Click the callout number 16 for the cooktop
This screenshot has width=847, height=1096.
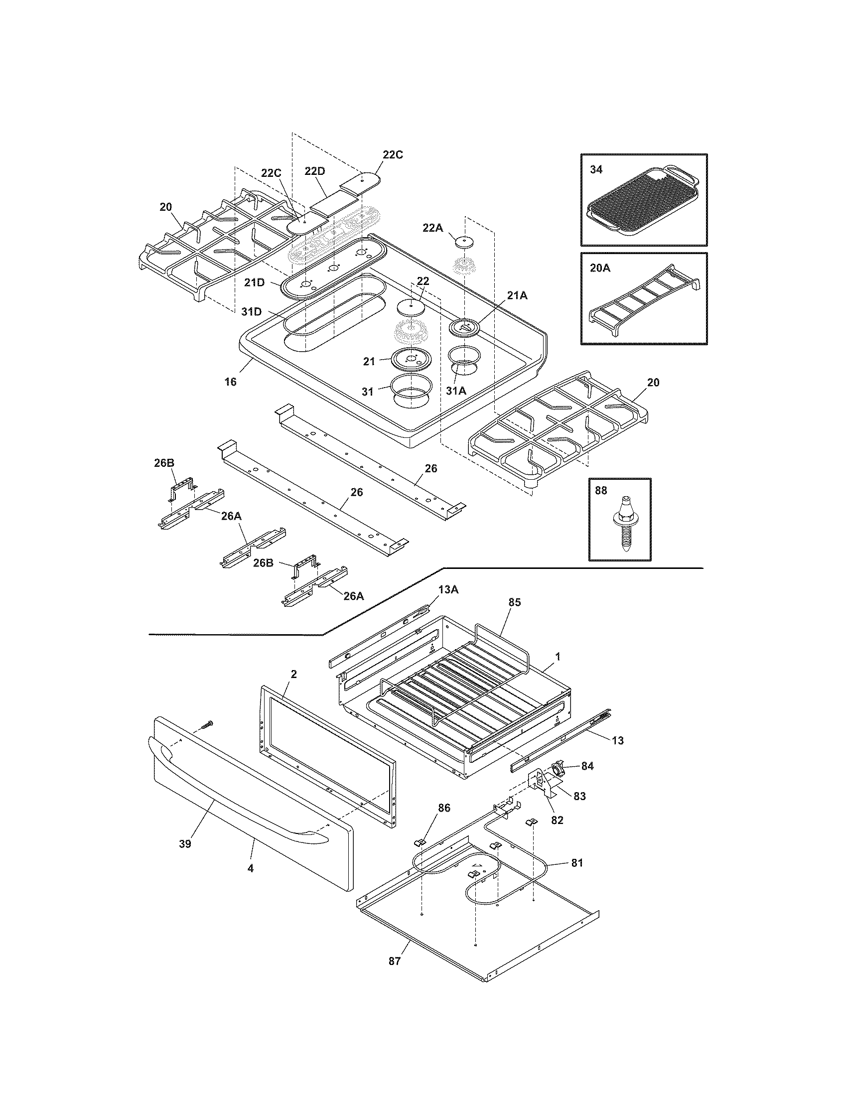point(230,382)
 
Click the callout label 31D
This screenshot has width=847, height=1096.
point(252,312)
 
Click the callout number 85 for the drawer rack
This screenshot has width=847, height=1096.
point(514,602)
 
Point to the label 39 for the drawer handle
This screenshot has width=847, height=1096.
point(185,843)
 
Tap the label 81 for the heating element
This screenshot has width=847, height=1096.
point(577,863)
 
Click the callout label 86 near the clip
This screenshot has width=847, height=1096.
point(444,808)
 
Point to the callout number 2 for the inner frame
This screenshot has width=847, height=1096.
point(293,674)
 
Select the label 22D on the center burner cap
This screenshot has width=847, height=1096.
point(314,171)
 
